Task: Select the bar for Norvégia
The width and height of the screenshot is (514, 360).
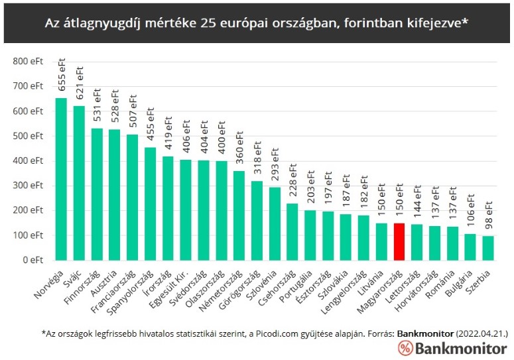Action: (61, 179)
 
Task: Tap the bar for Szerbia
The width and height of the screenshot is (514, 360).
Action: (487, 248)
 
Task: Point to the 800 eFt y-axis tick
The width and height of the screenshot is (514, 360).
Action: (27, 61)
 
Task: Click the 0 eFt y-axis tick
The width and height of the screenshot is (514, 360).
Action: (33, 260)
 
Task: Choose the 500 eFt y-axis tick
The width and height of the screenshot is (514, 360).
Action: (27, 136)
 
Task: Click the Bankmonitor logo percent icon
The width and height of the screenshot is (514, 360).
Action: (406, 347)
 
